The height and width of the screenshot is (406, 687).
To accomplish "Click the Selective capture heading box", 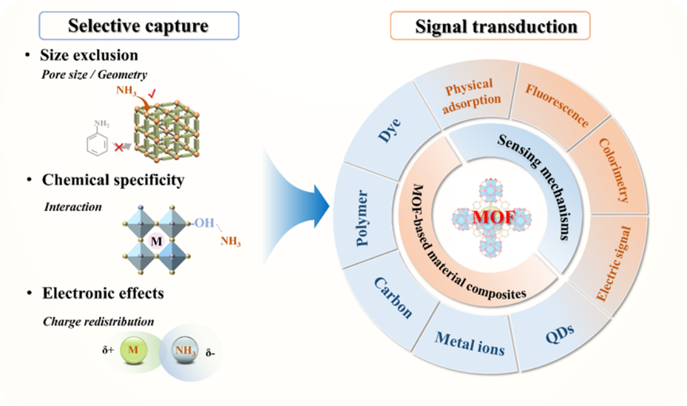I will pos(139,26).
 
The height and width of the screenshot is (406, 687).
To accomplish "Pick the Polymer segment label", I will pos(363,218).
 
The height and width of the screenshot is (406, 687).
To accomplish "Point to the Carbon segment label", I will pos(393,298).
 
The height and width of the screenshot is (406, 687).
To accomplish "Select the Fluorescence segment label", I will pos(557,106).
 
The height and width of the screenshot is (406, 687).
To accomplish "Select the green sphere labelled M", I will pos(132,350).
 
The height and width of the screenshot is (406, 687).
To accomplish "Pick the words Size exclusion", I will pos(89,55).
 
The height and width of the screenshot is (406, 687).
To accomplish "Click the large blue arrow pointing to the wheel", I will pos(298,199).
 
